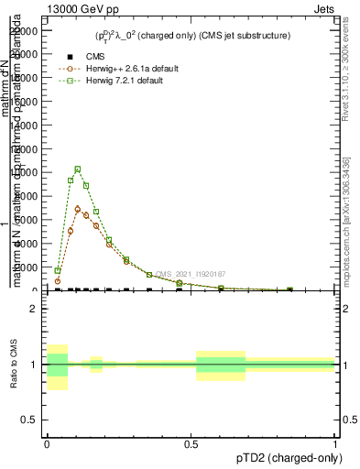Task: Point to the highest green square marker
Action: click(x=78, y=169)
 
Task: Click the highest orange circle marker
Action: click(x=79, y=208)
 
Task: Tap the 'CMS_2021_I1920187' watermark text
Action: click(x=191, y=274)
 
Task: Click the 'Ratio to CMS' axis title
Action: click(x=14, y=365)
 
